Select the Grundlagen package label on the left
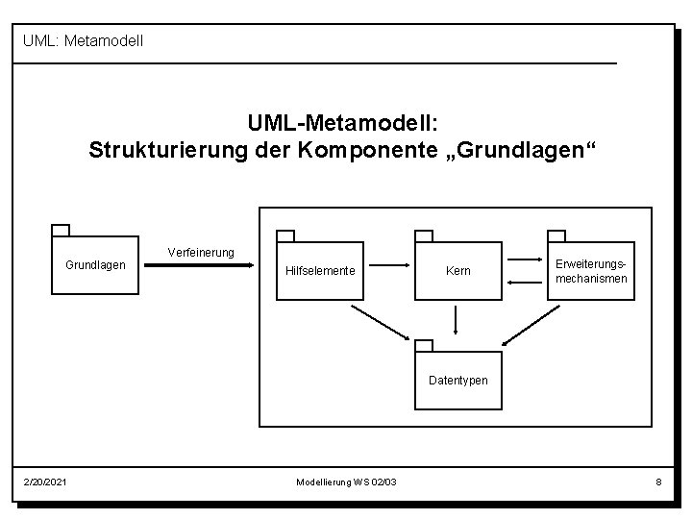point(94,264)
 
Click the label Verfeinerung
point(200,252)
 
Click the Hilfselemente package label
point(320,271)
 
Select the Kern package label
point(458,271)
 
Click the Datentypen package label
point(457,380)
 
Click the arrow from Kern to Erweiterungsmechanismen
point(525,259)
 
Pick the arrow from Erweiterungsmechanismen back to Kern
point(525,281)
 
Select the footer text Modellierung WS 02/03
point(345,481)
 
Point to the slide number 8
point(658,481)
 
